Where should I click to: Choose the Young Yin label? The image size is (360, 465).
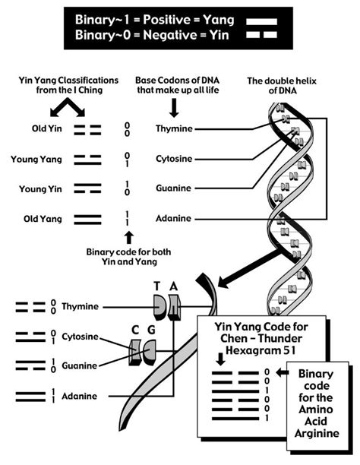pyautogui.click(x=37, y=189)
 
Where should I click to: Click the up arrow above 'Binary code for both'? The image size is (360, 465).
pyautogui.click(x=128, y=236)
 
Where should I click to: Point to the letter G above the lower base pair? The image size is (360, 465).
pyautogui.click(x=152, y=330)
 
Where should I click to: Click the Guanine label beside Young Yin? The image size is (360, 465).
pyautogui.click(x=174, y=189)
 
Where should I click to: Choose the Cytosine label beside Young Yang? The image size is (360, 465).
pyautogui.click(x=175, y=160)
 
